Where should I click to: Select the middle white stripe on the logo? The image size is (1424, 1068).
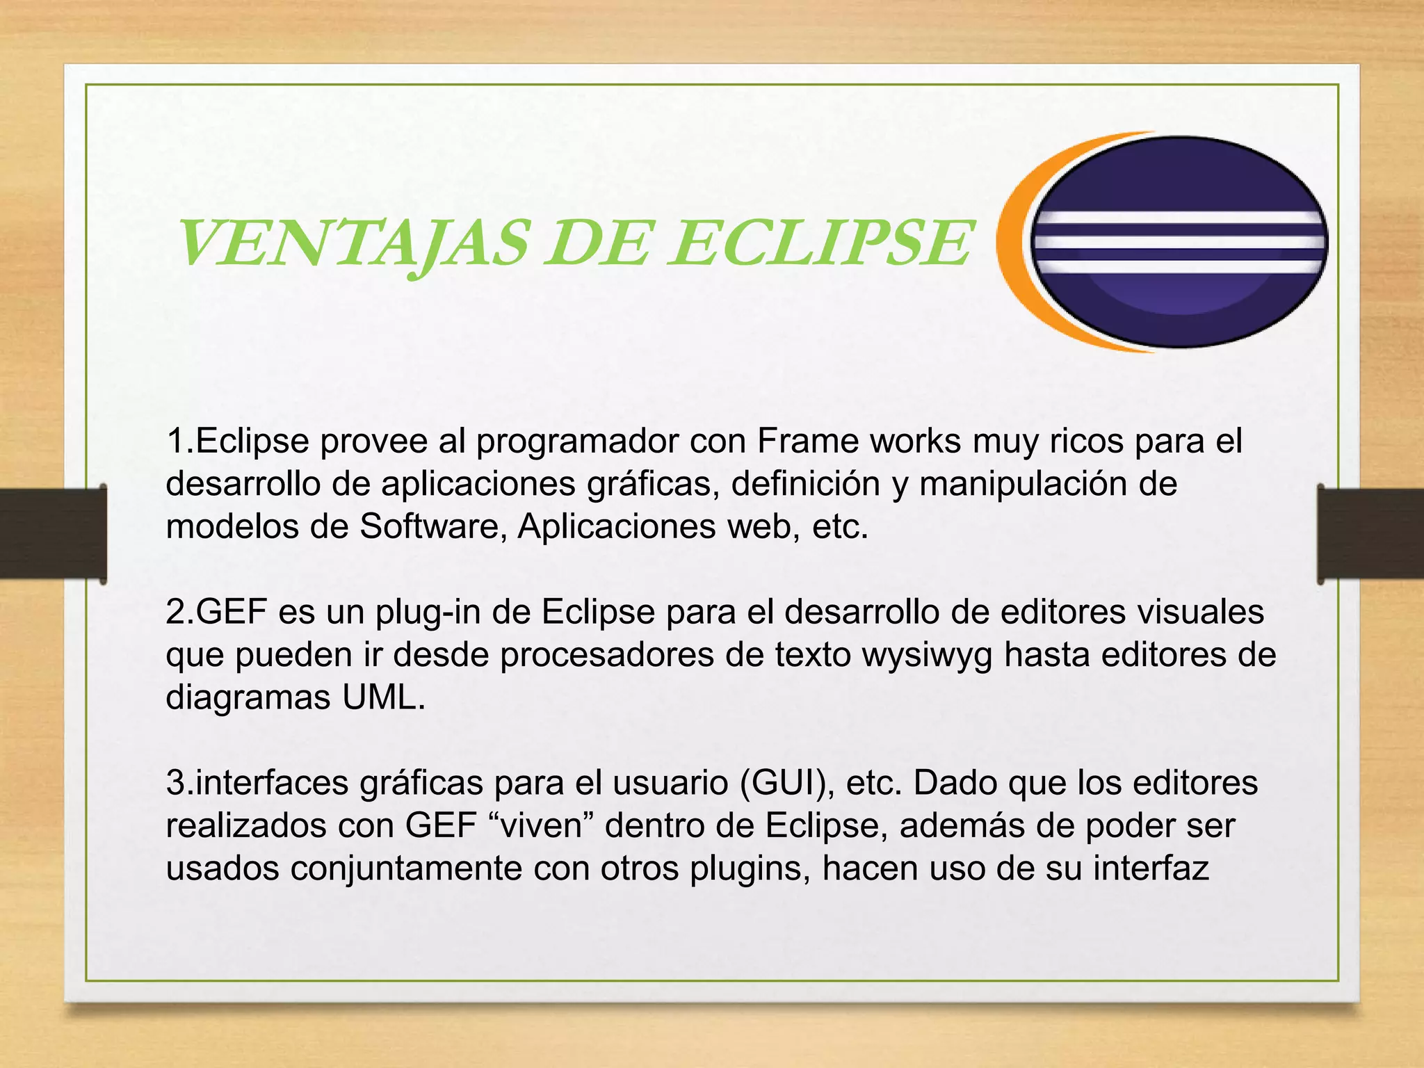(1179, 243)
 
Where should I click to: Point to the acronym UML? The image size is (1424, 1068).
(382, 698)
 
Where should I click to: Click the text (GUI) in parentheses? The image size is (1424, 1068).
(786, 784)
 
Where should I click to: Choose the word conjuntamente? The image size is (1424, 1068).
(406, 869)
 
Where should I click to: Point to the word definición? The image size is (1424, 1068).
(806, 485)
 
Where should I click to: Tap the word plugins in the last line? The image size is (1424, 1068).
(750, 869)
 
